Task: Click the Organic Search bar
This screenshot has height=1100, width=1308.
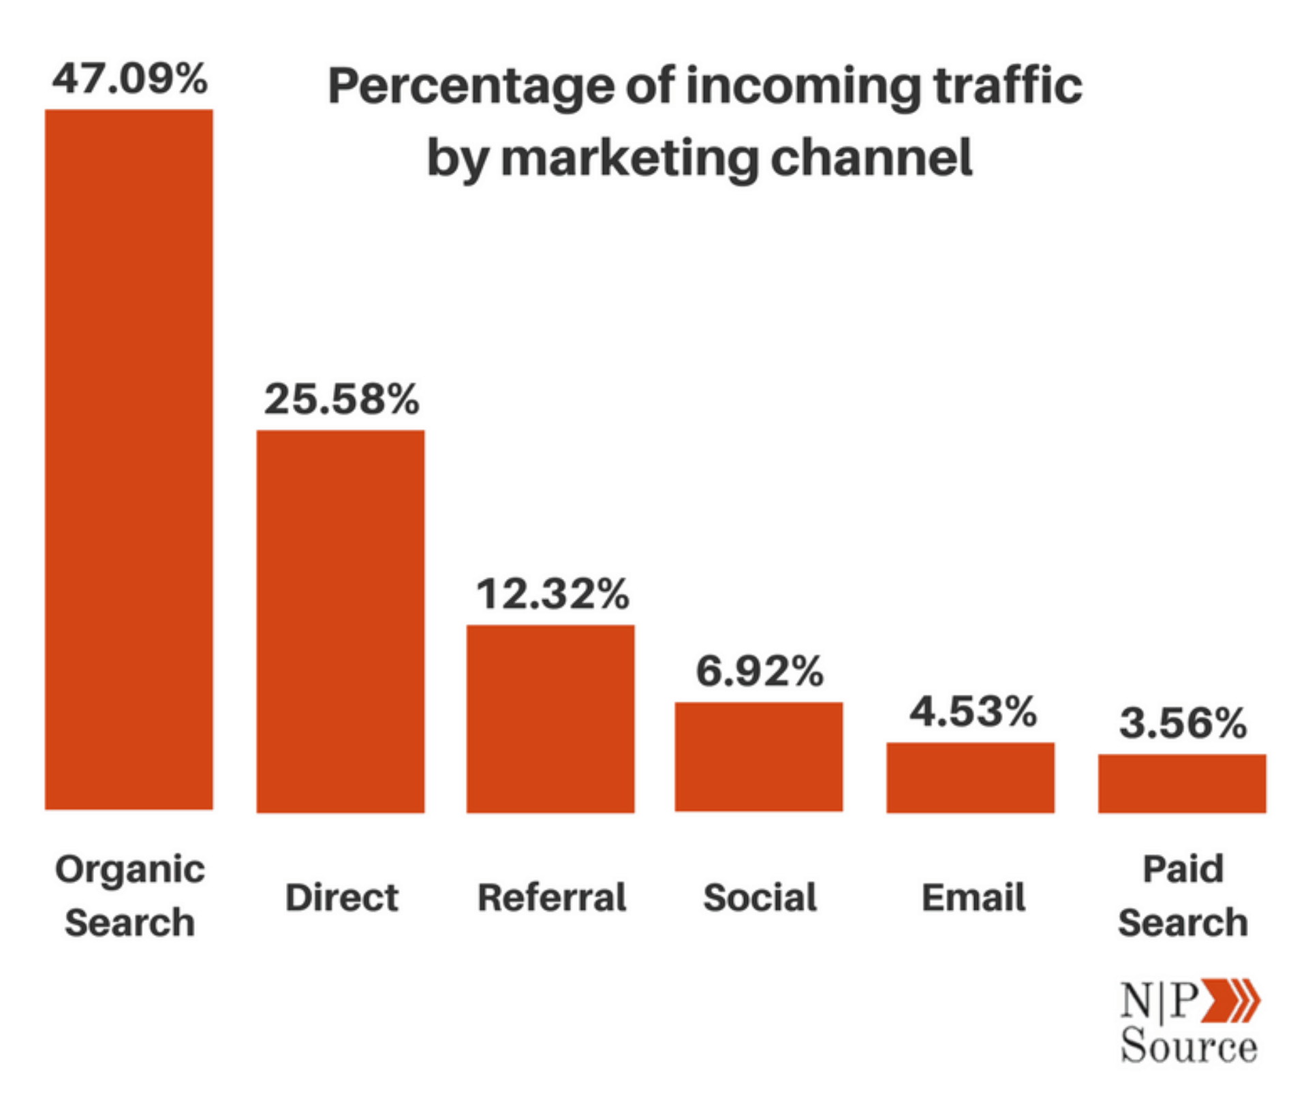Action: point(129,459)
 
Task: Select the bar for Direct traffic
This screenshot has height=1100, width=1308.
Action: point(340,621)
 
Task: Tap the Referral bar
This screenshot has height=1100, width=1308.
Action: point(550,719)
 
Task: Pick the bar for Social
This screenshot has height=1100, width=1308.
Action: point(759,757)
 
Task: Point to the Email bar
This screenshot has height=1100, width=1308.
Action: point(970,777)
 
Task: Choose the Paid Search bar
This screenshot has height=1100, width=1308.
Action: point(1182,783)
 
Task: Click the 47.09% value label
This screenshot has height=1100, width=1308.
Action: point(130,78)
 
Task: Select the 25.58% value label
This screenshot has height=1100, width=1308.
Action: point(341,398)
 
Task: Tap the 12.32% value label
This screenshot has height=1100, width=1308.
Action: point(552,594)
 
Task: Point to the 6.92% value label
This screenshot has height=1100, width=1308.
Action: point(760,671)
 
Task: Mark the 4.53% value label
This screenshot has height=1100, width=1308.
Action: point(973,712)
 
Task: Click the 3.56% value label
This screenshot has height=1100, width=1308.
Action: point(1183,723)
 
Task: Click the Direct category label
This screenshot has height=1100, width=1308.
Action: point(341,897)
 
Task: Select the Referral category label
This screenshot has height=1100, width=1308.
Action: point(552,897)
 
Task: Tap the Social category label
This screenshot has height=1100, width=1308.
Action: point(760,897)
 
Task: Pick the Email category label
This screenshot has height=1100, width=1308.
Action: point(973,897)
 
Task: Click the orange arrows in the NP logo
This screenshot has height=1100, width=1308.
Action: point(1230,1000)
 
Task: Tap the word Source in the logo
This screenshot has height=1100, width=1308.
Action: point(1189,1046)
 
